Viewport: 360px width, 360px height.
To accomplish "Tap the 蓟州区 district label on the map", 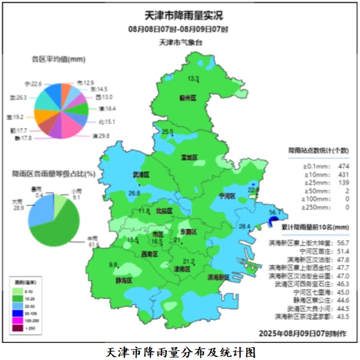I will coord(188,97).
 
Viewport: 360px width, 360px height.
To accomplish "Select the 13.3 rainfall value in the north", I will coord(193,79).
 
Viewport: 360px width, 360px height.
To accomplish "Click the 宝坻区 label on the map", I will coord(189,157).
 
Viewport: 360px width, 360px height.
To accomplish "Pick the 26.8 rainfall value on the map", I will coord(134,193).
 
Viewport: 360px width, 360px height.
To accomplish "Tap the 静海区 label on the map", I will coord(124,281).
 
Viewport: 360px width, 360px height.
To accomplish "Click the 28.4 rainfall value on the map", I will coord(244,227).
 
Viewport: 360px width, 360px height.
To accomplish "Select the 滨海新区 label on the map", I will coord(218,277).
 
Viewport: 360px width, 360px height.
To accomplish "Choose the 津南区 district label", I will coord(183,269).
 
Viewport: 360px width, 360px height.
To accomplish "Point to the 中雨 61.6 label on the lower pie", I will coord(93,241).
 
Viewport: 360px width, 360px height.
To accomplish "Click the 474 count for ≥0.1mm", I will coord(343,166).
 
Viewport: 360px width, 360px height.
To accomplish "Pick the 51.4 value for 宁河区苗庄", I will coord(343,250).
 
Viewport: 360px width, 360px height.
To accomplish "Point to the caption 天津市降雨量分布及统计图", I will coord(180,351).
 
